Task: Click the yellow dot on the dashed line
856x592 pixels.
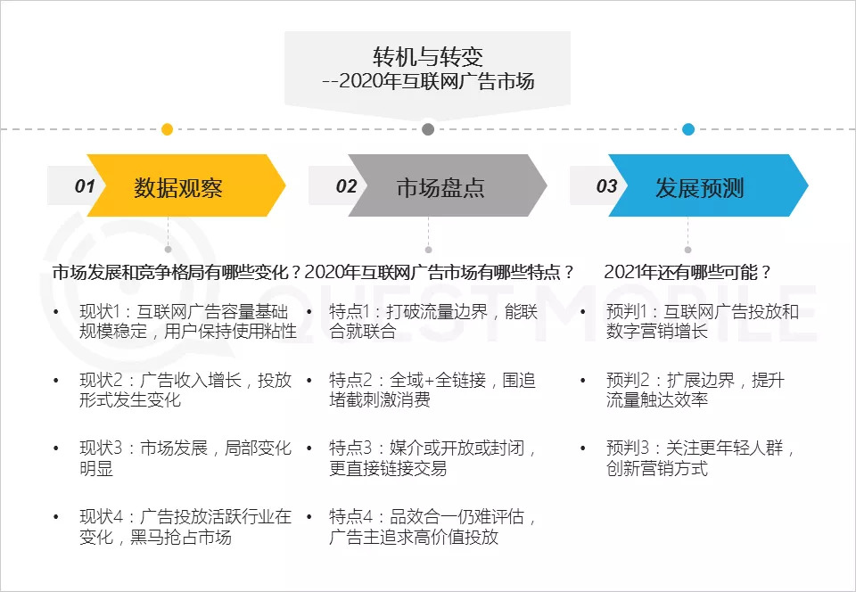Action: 168,129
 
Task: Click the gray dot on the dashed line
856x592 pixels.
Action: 429,129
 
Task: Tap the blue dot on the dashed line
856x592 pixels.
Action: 688,129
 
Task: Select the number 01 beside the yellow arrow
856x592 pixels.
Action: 85,186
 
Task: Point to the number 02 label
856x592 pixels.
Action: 346,186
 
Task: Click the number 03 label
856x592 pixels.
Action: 606,186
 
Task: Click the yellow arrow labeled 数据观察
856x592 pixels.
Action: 186,185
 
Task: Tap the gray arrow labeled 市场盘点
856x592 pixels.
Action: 448,185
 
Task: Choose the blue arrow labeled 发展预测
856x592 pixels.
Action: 708,185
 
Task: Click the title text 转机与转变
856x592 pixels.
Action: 428,56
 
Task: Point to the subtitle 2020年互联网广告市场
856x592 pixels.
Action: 437,82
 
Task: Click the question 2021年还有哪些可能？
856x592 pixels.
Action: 687,272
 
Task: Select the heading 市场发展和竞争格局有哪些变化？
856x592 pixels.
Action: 177,272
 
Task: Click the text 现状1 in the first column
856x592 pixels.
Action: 99,311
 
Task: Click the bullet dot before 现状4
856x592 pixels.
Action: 55,516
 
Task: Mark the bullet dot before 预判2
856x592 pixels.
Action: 583,380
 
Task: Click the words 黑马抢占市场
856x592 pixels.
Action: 181,537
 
